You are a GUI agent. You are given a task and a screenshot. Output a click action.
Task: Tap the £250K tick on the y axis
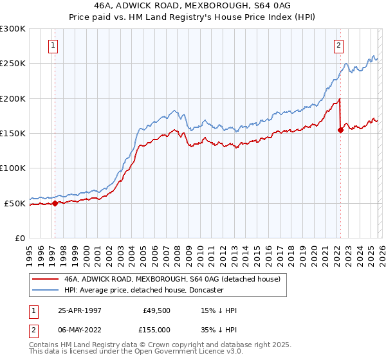[13, 64]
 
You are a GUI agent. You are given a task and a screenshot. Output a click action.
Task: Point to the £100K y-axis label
[13, 168]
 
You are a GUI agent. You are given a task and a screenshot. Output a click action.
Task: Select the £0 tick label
[20, 238]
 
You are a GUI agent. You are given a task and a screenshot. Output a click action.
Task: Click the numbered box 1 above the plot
[52, 45]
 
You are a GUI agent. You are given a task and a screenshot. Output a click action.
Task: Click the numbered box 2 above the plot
[338, 45]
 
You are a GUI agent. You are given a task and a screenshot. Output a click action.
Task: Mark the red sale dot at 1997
[55, 203]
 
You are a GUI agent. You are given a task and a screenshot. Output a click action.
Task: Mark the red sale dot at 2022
[340, 130]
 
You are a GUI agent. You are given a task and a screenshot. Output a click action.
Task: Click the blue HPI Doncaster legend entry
[143, 291]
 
